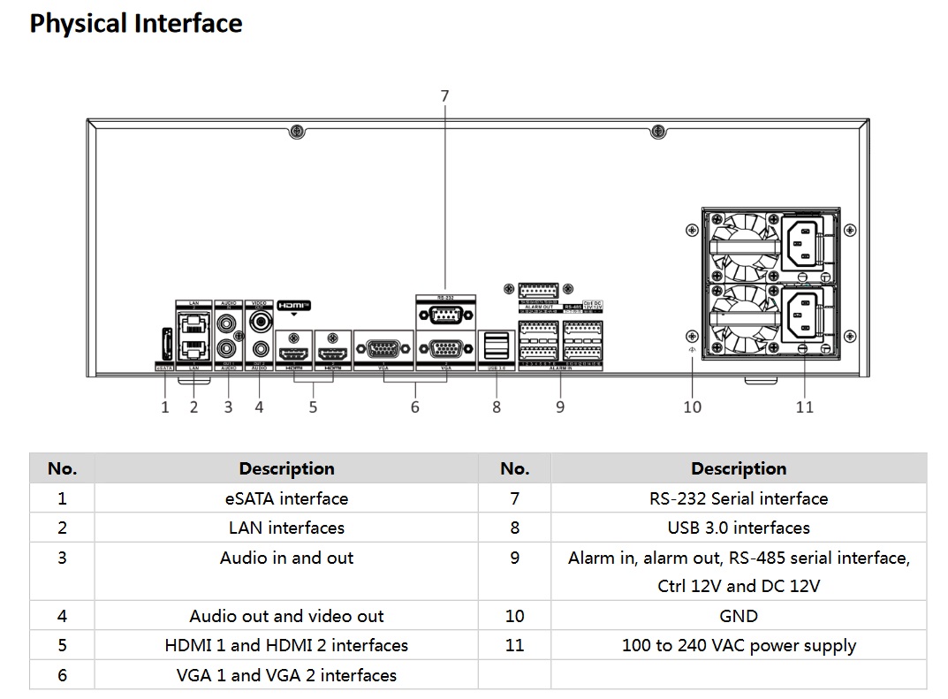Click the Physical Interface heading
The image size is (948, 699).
point(136,24)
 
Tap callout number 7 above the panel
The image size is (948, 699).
point(444,95)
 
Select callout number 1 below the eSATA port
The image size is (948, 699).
point(164,407)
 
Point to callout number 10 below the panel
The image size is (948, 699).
point(692,407)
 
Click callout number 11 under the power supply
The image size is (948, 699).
point(804,407)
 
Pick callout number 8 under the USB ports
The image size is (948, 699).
point(497,407)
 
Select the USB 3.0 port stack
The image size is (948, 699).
point(497,345)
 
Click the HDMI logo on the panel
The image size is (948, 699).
point(294,306)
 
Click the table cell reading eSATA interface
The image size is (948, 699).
point(286,498)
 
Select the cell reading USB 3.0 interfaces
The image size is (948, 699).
point(739,528)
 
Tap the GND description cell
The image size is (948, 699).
point(739,616)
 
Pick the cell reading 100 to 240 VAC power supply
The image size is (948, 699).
point(739,645)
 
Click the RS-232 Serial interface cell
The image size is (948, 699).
point(739,498)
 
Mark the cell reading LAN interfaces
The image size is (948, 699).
point(286,528)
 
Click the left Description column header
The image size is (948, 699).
point(286,468)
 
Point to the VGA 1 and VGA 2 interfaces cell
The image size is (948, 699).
point(286,675)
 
